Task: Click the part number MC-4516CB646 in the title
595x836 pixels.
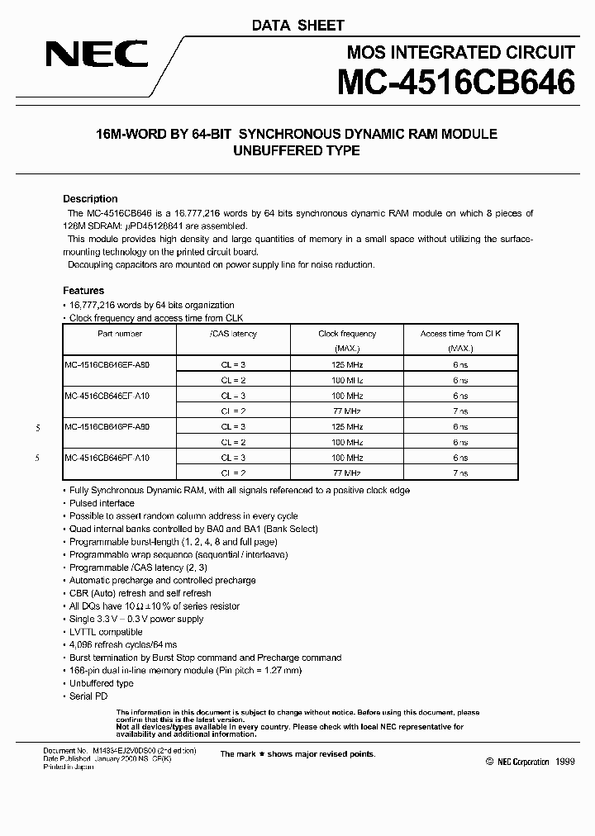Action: pyautogui.click(x=455, y=84)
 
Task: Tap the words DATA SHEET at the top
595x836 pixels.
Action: pyautogui.click(x=297, y=26)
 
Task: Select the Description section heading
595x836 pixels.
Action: pyautogui.click(x=90, y=199)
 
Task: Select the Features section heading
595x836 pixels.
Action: pyautogui.click(x=83, y=291)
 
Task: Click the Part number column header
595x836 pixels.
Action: pyautogui.click(x=120, y=334)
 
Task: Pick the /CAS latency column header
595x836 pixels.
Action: pyautogui.click(x=233, y=334)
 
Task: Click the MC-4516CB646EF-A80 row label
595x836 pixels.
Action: pyautogui.click(x=107, y=364)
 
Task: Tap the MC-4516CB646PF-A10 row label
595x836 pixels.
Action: pyautogui.click(x=107, y=458)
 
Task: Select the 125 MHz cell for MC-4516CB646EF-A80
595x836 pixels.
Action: pyautogui.click(x=347, y=364)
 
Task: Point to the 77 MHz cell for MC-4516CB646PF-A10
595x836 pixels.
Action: pyautogui.click(x=347, y=473)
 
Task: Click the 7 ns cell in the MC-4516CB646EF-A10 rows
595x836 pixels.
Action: pyautogui.click(x=460, y=411)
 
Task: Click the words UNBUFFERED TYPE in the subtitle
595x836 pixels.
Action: pyautogui.click(x=297, y=150)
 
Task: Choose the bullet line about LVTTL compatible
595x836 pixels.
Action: pyautogui.click(x=106, y=632)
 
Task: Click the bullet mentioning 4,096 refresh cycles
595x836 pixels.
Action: pyautogui.click(x=123, y=644)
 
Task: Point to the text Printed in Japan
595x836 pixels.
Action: pyautogui.click(x=69, y=767)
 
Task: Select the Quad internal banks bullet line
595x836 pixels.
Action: pyautogui.click(x=193, y=529)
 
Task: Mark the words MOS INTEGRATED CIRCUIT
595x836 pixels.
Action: pyautogui.click(x=460, y=53)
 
